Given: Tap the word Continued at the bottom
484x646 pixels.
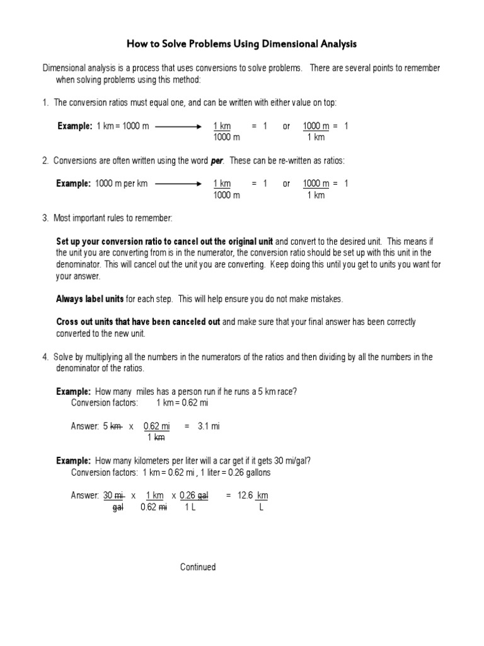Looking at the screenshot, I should click(198, 567).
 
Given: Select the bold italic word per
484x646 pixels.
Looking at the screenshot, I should click(217, 161).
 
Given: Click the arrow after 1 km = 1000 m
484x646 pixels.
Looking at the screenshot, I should click(178, 126).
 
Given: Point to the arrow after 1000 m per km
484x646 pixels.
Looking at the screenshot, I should click(178, 184).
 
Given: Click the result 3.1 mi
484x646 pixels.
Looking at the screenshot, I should click(207, 426).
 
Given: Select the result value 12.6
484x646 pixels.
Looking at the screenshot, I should click(245, 496).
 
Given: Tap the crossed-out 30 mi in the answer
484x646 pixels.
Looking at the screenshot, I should click(114, 496).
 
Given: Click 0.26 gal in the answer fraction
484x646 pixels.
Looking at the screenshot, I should click(193, 496).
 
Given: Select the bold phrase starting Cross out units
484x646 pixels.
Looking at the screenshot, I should click(138, 322).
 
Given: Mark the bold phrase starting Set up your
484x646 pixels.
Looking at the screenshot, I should click(164, 242).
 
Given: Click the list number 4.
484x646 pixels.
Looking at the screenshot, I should click(45, 357).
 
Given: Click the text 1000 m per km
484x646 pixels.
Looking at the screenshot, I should click(122, 184).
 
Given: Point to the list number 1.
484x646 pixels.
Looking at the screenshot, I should click(45, 103).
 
